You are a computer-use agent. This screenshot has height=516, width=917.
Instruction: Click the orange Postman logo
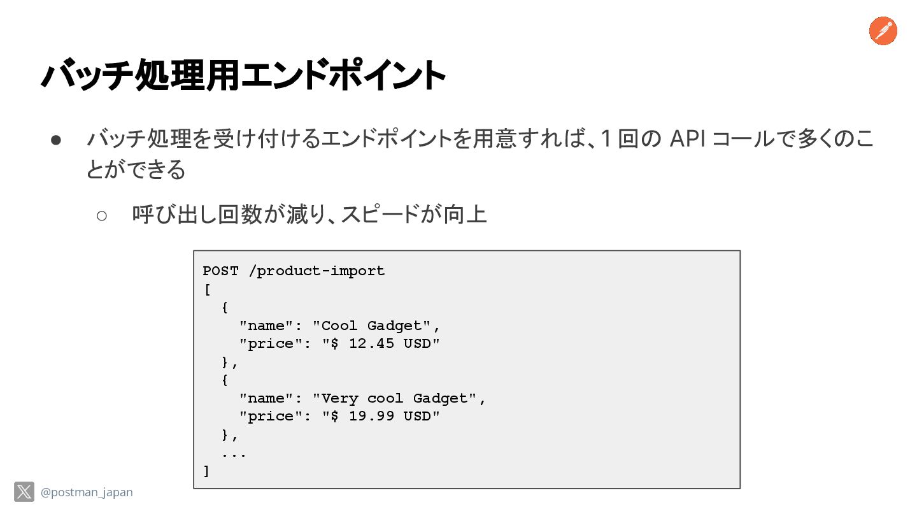(x=883, y=31)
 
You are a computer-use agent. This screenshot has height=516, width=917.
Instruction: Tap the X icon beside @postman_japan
(x=24, y=492)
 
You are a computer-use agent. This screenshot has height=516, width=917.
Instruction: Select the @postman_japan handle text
(x=87, y=492)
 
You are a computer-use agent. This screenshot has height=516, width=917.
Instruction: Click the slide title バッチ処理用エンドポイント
(x=243, y=75)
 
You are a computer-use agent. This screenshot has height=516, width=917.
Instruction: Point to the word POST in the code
(x=220, y=271)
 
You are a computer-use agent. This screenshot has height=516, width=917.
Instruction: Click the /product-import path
(x=316, y=271)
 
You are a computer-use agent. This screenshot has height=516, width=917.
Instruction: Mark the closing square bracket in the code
(x=206, y=471)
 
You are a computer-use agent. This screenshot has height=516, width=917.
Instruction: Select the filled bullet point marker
(x=55, y=140)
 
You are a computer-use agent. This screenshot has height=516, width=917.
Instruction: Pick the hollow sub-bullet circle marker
(x=102, y=215)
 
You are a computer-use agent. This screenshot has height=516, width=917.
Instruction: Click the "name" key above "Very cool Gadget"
(x=266, y=399)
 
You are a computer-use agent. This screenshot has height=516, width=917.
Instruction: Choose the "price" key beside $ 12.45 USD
(x=271, y=344)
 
